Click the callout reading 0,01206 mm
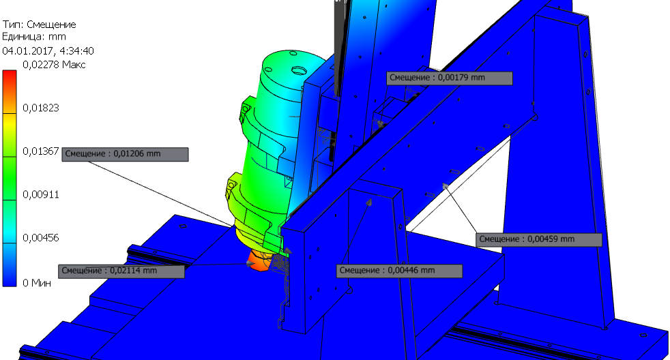(125, 154)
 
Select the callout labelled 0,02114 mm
(121, 271)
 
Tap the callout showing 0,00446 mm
(399, 271)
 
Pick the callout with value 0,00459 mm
(539, 239)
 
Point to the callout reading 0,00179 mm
(449, 78)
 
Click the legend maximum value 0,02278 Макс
(55, 65)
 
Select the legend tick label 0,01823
(40, 108)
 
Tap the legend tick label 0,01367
(40, 151)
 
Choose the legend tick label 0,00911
(40, 195)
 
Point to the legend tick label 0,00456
(40, 238)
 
